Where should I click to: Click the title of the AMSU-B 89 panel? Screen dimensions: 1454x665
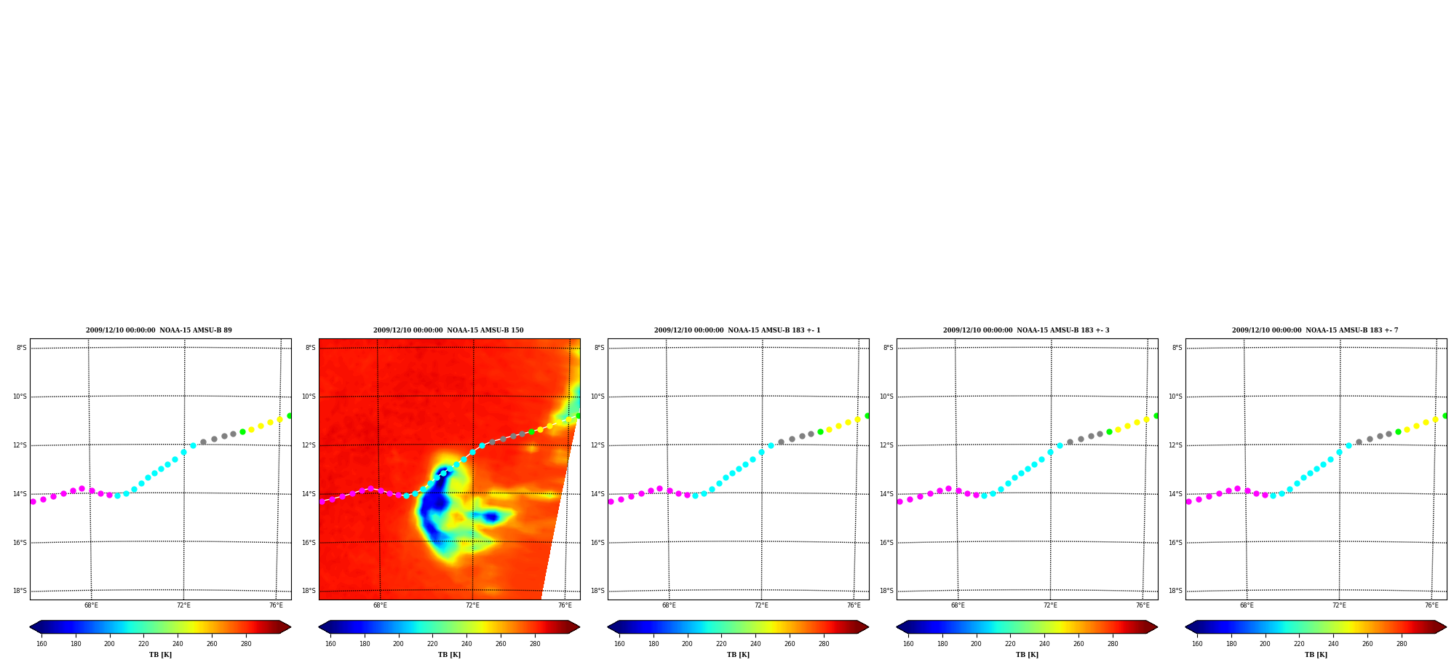pyautogui.click(x=159, y=330)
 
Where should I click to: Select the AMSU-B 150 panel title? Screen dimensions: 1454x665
pyautogui.click(x=448, y=330)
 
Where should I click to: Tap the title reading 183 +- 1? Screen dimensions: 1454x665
pyautogui.click(x=737, y=330)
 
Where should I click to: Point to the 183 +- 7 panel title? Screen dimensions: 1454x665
pyautogui.click(x=1315, y=330)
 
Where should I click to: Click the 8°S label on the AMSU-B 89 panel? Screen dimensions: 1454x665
pyautogui.click(x=22, y=348)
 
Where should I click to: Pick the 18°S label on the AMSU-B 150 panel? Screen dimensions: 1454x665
pyautogui.click(x=309, y=591)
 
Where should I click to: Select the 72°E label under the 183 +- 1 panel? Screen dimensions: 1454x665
pyautogui.click(x=761, y=605)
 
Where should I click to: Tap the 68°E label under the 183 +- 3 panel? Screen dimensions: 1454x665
pyautogui.click(x=958, y=605)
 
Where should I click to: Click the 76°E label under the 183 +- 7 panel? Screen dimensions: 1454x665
pyautogui.click(x=1431, y=605)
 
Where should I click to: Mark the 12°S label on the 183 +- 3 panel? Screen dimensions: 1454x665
pyautogui.click(x=887, y=445)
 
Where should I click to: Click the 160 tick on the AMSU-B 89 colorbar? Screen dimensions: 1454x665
pyautogui.click(x=41, y=644)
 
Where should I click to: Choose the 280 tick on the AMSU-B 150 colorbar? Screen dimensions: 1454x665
pyautogui.click(x=535, y=644)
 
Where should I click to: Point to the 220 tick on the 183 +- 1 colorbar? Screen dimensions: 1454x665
pyautogui.click(x=721, y=644)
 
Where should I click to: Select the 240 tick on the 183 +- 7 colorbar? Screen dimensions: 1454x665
pyautogui.click(x=1333, y=644)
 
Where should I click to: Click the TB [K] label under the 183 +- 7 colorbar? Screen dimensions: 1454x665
pyautogui.click(x=1316, y=655)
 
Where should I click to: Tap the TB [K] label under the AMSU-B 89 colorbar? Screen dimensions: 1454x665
pyautogui.click(x=160, y=655)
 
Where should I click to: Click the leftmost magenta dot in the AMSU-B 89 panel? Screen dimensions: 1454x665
pyautogui.click(x=33, y=501)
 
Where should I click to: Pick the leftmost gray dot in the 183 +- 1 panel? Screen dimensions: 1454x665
pyautogui.click(x=781, y=442)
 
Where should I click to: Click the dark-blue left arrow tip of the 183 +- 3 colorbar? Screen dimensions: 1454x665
pyautogui.click(x=897, y=627)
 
